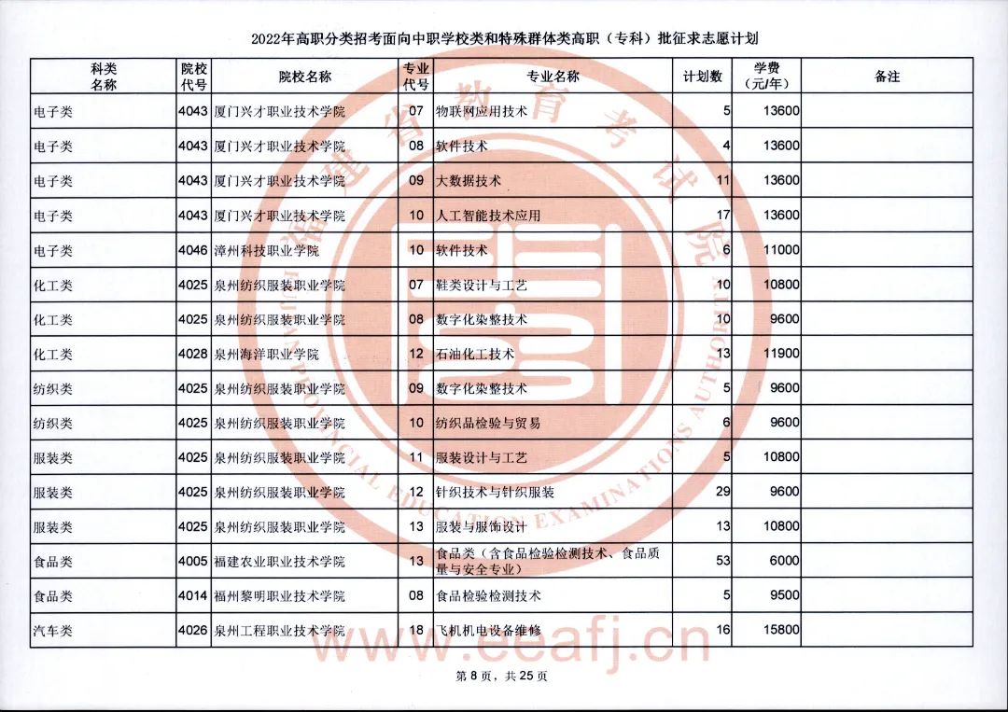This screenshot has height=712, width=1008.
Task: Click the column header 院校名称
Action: [x=305, y=77]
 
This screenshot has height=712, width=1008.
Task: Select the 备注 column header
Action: [x=887, y=77]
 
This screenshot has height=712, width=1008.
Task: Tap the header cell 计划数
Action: [x=703, y=77]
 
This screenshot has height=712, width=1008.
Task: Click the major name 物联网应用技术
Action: [x=482, y=112]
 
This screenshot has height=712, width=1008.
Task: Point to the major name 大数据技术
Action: [x=469, y=181]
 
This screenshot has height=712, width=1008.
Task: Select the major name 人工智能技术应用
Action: [x=488, y=216]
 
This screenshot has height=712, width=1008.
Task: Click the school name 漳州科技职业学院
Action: [x=266, y=251]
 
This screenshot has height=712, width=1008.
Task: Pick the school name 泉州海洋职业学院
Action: [x=266, y=355]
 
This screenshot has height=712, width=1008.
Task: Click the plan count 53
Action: [x=722, y=561]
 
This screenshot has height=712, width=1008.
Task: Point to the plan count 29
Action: [x=722, y=492]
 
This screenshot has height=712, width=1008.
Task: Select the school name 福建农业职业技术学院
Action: [x=279, y=562]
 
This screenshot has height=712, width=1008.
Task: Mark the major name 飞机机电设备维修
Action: [x=488, y=631]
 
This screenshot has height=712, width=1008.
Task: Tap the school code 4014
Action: [x=193, y=595]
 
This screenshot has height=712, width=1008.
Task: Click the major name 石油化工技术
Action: [x=475, y=355]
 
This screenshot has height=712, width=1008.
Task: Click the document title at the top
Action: [x=504, y=39]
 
